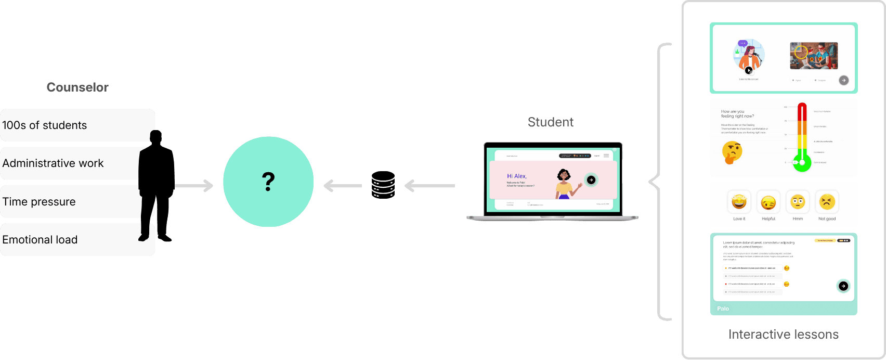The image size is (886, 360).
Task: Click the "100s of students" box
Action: pyautogui.click(x=45, y=125)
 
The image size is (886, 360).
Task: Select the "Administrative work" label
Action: pyautogui.click(x=53, y=163)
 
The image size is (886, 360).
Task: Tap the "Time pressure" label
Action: pyautogui.click(x=39, y=202)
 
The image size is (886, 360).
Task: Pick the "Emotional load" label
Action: pyautogui.click(x=40, y=240)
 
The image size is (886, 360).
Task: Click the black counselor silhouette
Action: pyautogui.click(x=156, y=187)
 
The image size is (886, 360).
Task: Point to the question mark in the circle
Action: pyautogui.click(x=268, y=182)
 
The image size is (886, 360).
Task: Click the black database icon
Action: pyautogui.click(x=383, y=185)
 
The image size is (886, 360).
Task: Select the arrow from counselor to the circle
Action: pyautogui.click(x=195, y=186)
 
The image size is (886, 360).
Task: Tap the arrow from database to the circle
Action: pyautogui.click(x=342, y=186)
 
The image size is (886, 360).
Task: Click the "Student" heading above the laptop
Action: pyautogui.click(x=551, y=122)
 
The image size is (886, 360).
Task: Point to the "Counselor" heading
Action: pyautogui.click(x=77, y=87)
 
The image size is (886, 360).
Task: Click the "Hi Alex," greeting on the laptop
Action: pyautogui.click(x=517, y=176)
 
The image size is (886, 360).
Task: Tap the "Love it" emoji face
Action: pyautogui.click(x=739, y=202)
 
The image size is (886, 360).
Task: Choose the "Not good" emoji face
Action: pyautogui.click(x=827, y=202)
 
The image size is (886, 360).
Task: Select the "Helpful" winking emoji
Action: pyautogui.click(x=768, y=202)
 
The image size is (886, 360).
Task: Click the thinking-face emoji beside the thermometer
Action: pyautogui.click(x=732, y=152)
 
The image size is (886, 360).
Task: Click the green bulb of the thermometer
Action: pyautogui.click(x=802, y=164)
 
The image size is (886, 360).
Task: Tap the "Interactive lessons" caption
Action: pyautogui.click(x=783, y=335)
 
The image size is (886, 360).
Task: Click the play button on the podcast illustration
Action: pyautogui.click(x=749, y=70)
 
